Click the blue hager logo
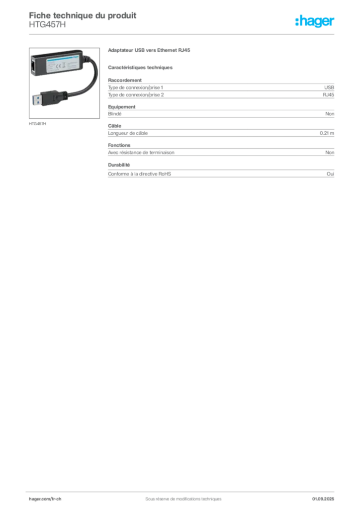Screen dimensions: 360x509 315,22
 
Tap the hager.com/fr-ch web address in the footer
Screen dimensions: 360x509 46,498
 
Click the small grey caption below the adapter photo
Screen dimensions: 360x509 38,123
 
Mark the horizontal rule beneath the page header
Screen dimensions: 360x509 182,34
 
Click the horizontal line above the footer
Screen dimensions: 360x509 182,490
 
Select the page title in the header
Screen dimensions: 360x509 82,15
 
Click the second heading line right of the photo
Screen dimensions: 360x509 141,67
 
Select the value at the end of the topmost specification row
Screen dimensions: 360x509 330,114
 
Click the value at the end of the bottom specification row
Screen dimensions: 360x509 332,173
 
